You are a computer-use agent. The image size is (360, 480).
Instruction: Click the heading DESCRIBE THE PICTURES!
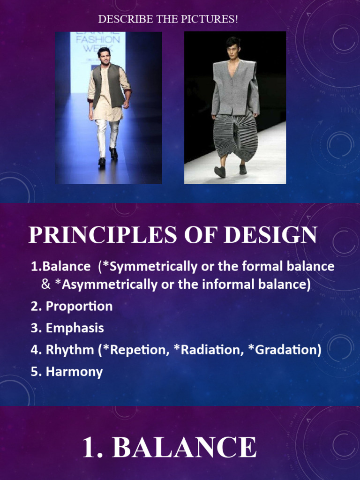(168, 20)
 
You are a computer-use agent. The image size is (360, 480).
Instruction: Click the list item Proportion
(79, 307)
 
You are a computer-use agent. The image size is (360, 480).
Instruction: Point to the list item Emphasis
(75, 328)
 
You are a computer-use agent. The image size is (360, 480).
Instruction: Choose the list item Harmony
(74, 372)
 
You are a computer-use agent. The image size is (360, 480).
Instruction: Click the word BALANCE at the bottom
(185, 448)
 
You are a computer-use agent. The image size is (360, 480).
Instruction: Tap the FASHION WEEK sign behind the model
(98, 43)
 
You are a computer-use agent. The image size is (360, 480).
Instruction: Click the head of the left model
(104, 55)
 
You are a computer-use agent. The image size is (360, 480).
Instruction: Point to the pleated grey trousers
(235, 136)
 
